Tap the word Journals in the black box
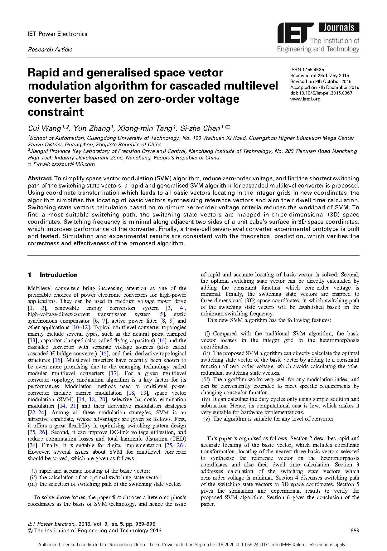click(x=339, y=27)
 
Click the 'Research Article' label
click(x=50, y=49)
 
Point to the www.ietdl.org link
click(x=305, y=99)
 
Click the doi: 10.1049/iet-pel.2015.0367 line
click(x=321, y=93)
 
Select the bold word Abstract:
click(x=40, y=178)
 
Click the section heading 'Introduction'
click(x=59, y=275)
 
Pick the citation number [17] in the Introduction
click(x=113, y=373)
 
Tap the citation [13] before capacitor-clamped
click(x=32, y=340)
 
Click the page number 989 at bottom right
click(x=355, y=530)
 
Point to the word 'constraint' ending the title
click(x=56, y=112)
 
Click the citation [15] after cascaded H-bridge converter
click(x=104, y=354)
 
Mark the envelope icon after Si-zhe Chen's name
click(x=228, y=127)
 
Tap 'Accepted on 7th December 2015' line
click(x=325, y=87)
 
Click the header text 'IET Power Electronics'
click(x=58, y=34)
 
